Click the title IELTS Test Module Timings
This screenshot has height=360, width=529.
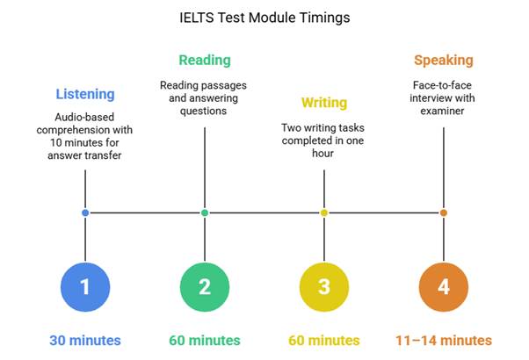pyautogui.click(x=264, y=18)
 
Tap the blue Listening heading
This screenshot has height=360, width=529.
pyautogui.click(x=85, y=94)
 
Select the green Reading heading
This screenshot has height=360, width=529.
pyautogui.click(x=205, y=60)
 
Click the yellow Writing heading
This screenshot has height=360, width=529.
pyautogui.click(x=324, y=103)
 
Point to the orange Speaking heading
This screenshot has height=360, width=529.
pyautogui.click(x=444, y=61)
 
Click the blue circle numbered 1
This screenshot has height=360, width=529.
pyautogui.click(x=85, y=287)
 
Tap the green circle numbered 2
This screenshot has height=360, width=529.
pyautogui.click(x=205, y=287)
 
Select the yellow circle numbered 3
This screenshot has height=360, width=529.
pyautogui.click(x=324, y=287)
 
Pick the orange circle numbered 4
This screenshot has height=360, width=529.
pyautogui.click(x=444, y=287)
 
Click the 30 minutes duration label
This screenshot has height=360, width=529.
pyautogui.click(x=85, y=341)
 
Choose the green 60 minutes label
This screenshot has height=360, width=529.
pyautogui.click(x=205, y=341)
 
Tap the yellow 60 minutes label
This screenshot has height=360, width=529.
pyautogui.click(x=324, y=341)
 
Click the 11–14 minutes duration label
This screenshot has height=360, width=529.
pyautogui.click(x=444, y=341)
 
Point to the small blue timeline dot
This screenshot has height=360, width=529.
pyautogui.click(x=85, y=212)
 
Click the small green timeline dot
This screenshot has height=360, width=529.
pyautogui.click(x=205, y=212)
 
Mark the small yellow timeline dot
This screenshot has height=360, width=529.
pyautogui.click(x=324, y=212)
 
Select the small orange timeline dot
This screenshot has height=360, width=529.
pyautogui.click(x=444, y=212)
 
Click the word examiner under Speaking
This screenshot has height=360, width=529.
pyautogui.click(x=442, y=111)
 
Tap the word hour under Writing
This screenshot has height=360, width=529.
pyautogui.click(x=322, y=154)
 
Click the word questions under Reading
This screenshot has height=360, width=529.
pyautogui.click(x=204, y=112)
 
